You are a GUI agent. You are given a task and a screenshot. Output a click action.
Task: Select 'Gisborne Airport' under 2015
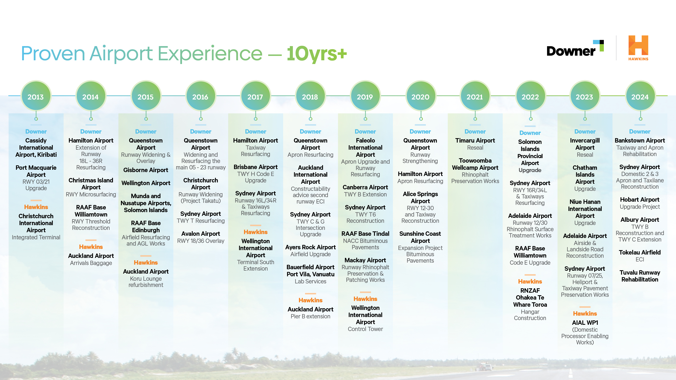coord(146,170)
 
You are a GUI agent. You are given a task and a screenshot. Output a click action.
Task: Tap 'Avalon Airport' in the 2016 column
coord(201,234)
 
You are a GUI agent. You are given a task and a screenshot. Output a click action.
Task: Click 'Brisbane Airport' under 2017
coord(256,167)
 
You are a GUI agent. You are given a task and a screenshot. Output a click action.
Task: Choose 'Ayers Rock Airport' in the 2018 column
coord(310,247)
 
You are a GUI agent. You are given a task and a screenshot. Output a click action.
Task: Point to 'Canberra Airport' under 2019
coord(365,187)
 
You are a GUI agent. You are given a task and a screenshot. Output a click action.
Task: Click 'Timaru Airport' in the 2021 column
coord(475,141)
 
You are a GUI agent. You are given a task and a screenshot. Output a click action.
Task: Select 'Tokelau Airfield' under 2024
coord(640,252)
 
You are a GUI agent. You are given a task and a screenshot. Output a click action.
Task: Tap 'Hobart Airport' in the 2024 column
coord(640,200)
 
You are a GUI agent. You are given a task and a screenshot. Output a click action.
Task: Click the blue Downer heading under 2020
coord(420,132)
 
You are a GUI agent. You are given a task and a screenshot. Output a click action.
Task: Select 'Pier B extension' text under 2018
coord(310,316)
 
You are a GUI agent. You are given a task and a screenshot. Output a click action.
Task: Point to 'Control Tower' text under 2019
coord(365,329)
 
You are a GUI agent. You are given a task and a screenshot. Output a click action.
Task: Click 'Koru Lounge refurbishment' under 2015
coord(146,282)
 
